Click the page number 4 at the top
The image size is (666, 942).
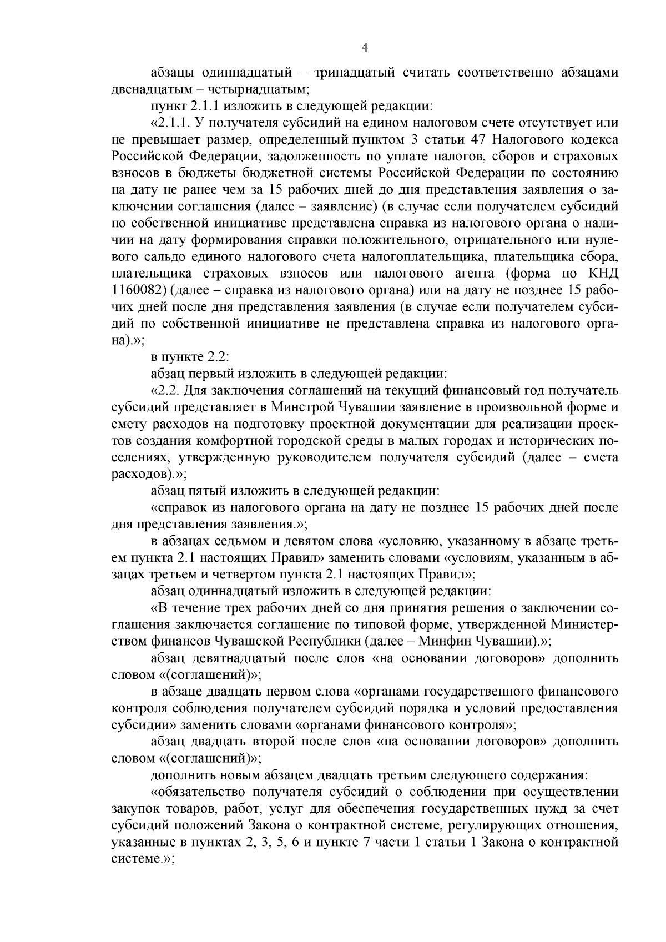click(365, 48)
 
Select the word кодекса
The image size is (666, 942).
click(591, 139)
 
